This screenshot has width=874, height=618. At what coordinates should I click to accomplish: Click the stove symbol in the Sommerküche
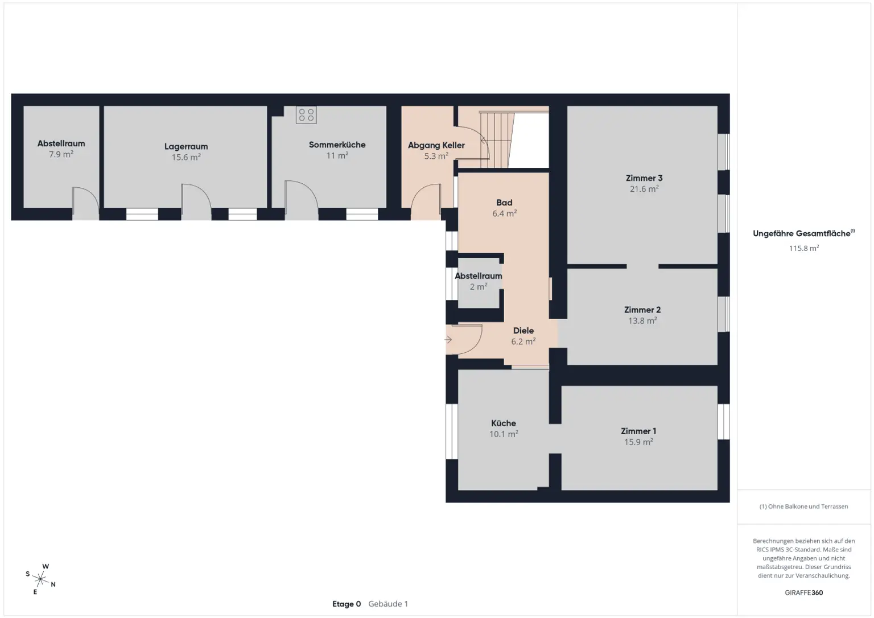[x=306, y=115]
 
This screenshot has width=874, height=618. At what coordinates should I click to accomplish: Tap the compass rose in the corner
[x=40, y=579]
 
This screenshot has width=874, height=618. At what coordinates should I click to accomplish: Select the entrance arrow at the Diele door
[x=448, y=340]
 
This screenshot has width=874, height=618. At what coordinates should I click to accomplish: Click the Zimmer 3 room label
[x=644, y=178]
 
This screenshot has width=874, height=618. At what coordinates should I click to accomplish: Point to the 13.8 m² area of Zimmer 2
[x=642, y=321]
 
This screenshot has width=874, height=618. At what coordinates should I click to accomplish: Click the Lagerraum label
[x=186, y=146]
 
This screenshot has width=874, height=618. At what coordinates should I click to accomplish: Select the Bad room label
[x=504, y=203]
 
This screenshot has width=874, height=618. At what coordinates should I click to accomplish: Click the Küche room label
[x=504, y=423]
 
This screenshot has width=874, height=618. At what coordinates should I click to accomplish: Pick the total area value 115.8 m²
[x=803, y=248]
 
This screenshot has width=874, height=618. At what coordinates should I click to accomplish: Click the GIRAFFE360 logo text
[x=803, y=592]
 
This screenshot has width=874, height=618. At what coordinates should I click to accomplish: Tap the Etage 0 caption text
[x=347, y=604]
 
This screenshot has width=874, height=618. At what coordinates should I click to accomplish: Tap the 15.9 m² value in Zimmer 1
[x=638, y=442]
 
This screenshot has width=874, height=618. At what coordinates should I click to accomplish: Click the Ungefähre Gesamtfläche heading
[x=803, y=233]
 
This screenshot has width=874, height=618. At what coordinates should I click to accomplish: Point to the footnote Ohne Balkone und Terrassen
[x=803, y=506]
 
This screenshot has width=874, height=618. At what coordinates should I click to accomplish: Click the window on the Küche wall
[x=452, y=431]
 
